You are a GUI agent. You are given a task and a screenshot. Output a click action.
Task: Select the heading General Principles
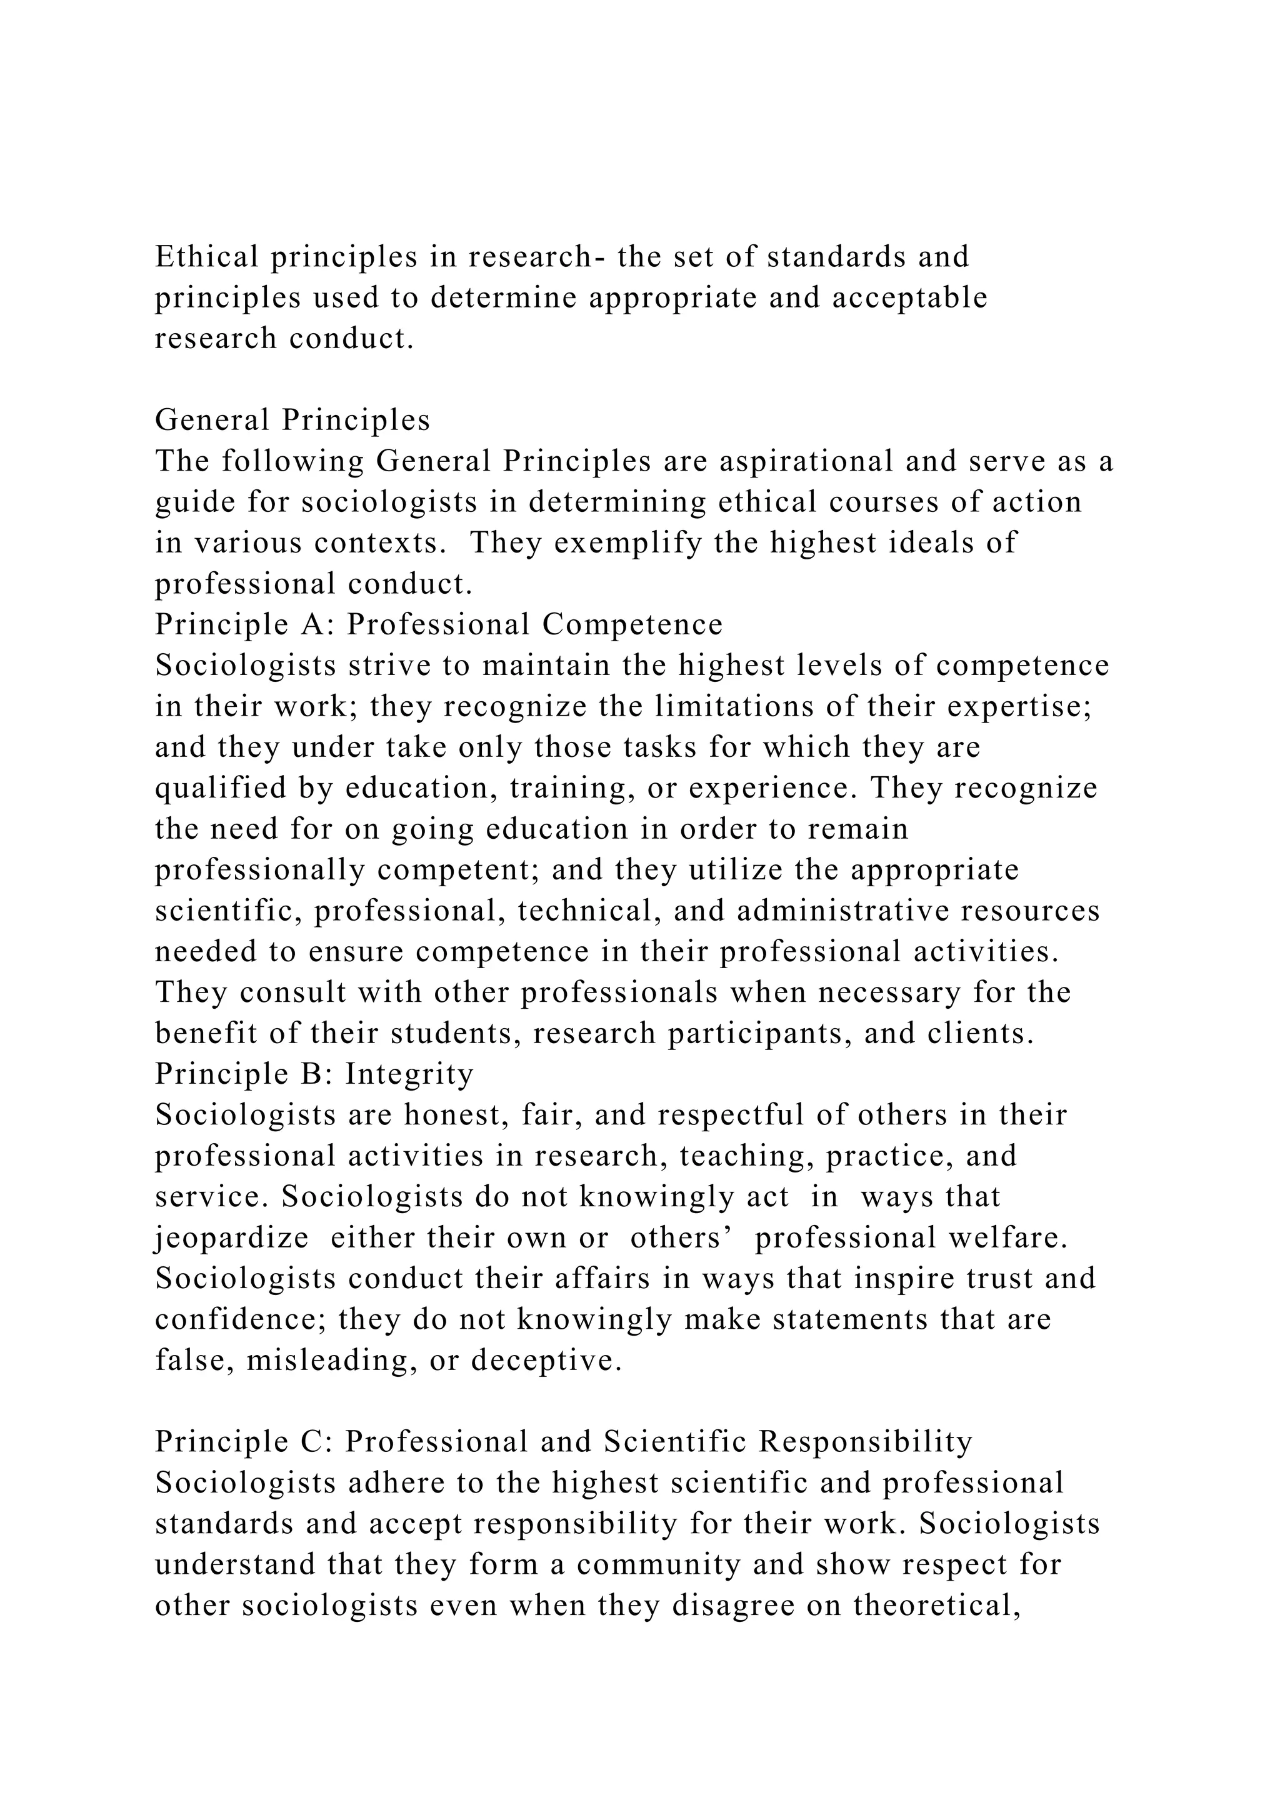(x=292, y=420)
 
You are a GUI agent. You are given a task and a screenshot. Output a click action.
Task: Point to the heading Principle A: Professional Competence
(x=438, y=624)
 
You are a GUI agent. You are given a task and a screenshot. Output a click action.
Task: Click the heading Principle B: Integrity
(x=314, y=1074)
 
